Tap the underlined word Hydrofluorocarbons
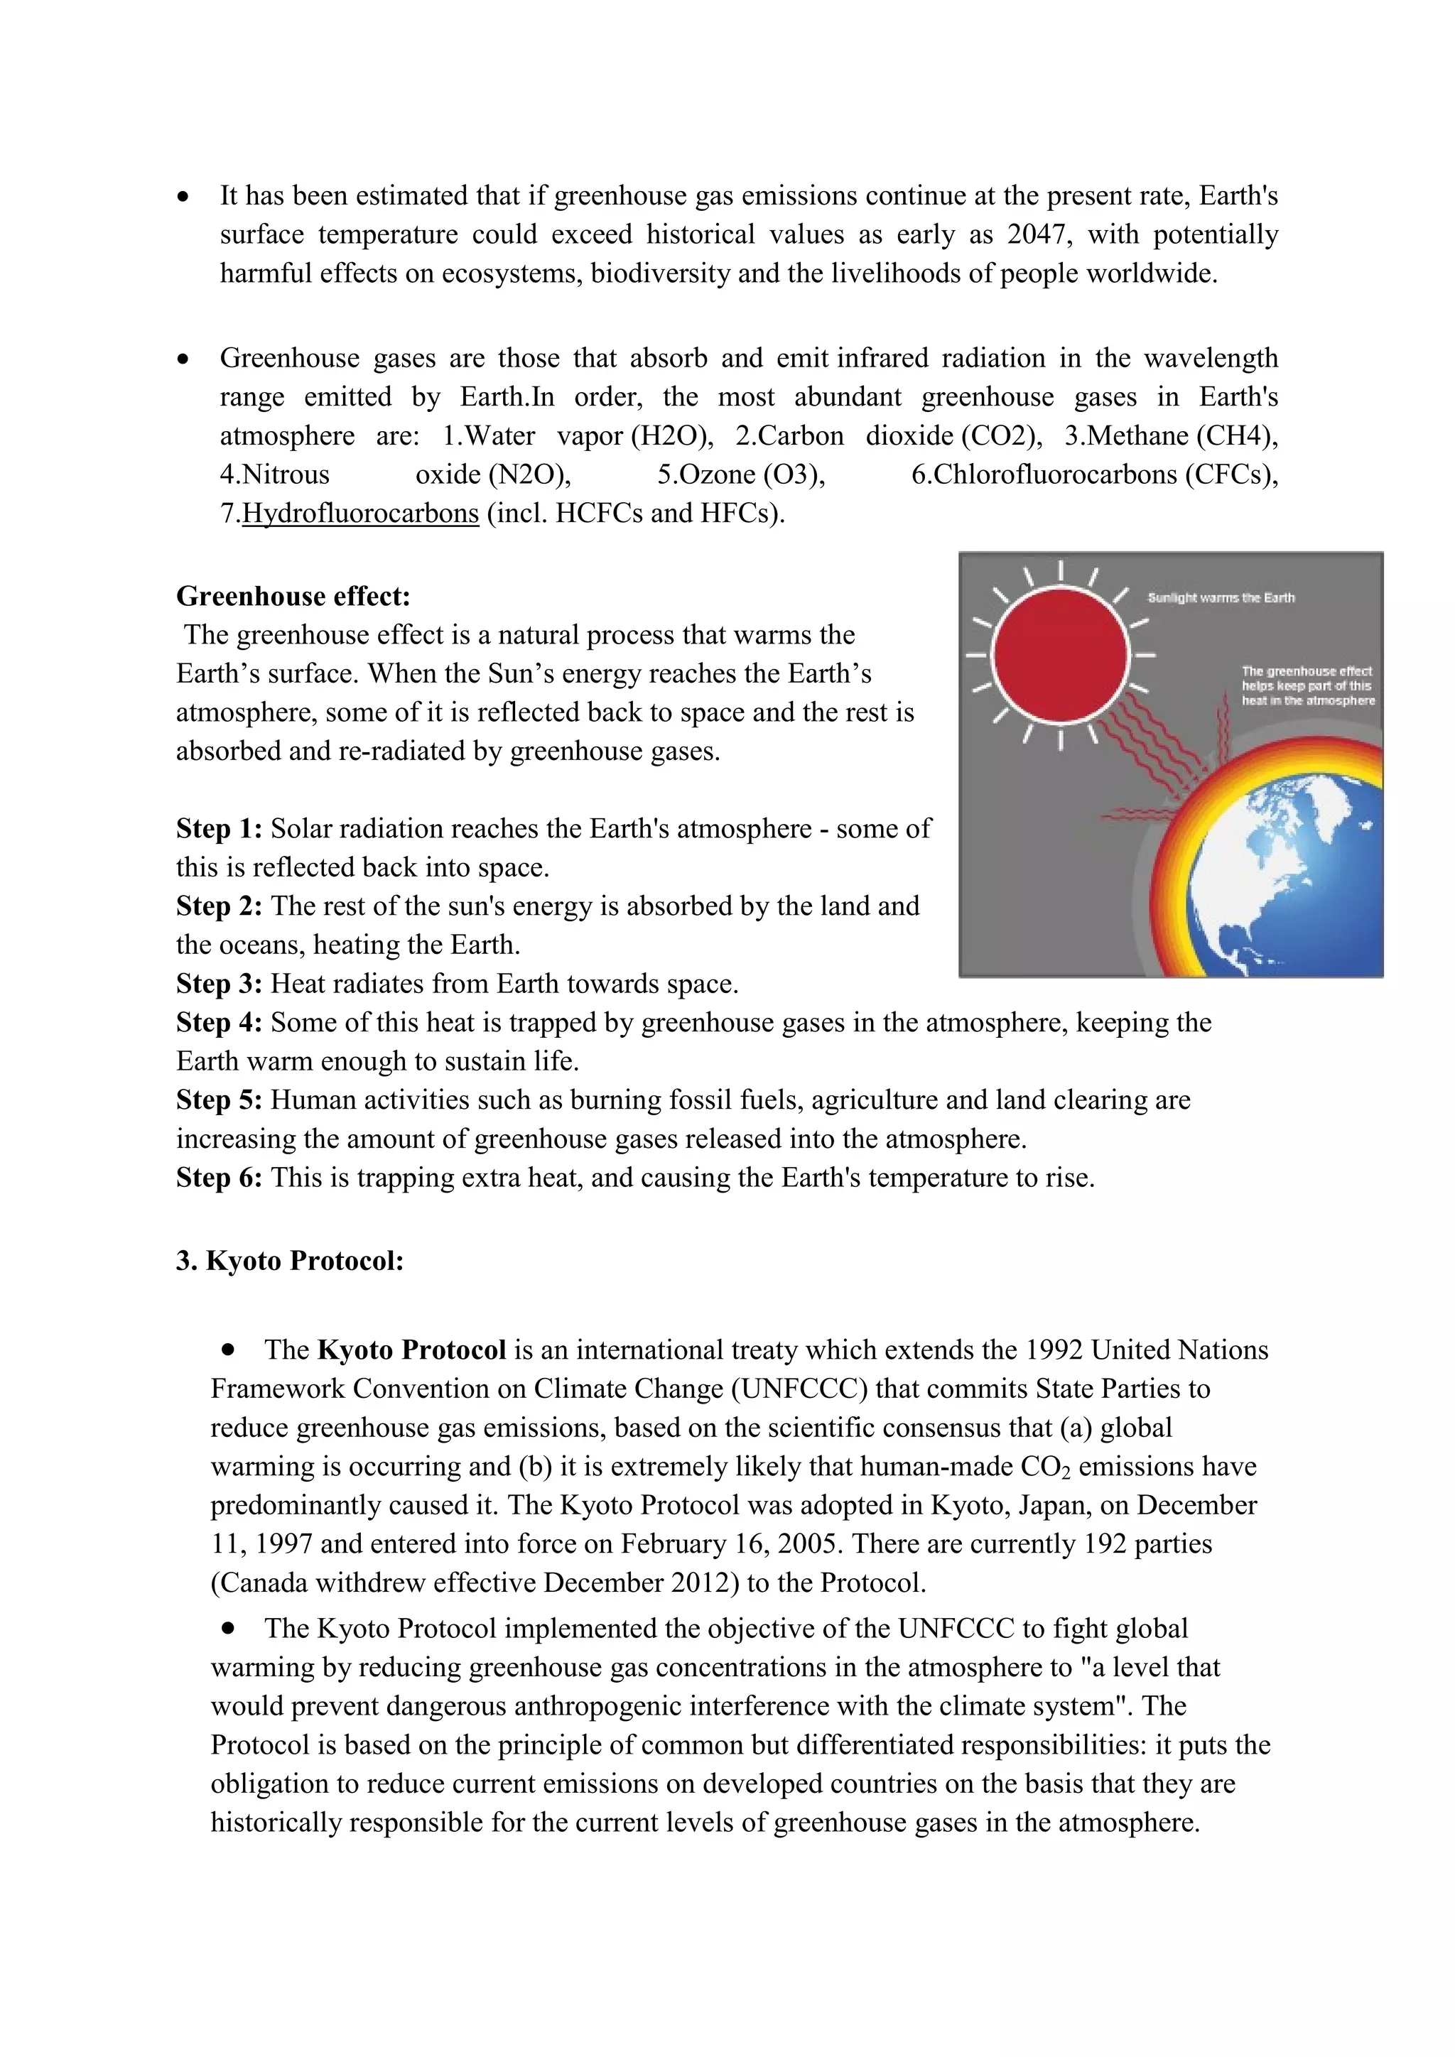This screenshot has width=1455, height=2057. (360, 514)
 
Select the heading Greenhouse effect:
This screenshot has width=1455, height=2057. (293, 596)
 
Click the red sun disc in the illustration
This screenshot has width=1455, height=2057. (1060, 656)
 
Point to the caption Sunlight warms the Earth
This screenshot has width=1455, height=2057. (1221, 597)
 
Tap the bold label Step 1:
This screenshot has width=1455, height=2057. (219, 829)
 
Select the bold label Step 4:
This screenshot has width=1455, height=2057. (219, 1022)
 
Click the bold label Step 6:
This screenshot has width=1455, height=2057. (219, 1177)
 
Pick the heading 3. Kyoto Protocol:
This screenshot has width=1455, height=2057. (289, 1261)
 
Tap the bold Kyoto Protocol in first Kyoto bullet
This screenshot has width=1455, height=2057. (411, 1350)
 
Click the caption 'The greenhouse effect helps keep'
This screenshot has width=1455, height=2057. (1307, 685)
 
